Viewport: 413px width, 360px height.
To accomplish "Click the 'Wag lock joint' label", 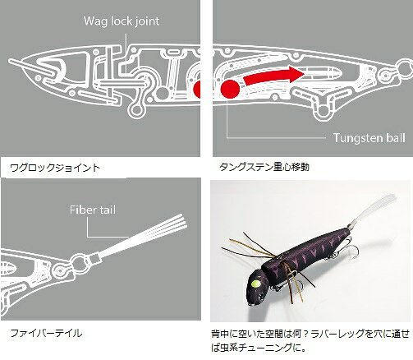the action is [x=122, y=21].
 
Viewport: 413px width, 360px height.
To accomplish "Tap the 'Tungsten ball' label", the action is [x=369, y=138].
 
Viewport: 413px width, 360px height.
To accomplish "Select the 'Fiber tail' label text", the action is [x=93, y=210].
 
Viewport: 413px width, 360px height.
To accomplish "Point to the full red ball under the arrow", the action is [x=230, y=89].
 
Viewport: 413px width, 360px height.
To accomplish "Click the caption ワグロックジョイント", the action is [x=55, y=168].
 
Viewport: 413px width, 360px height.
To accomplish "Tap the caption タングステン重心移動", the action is [x=264, y=167].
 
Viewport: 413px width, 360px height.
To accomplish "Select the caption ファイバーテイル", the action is [x=46, y=333].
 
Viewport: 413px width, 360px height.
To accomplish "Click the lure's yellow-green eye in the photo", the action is [x=256, y=284].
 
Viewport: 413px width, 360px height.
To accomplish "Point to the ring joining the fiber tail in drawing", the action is [x=79, y=264].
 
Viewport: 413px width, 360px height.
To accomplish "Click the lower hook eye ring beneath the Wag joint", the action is [x=135, y=110].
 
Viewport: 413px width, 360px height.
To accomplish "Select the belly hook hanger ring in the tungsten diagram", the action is [x=324, y=112].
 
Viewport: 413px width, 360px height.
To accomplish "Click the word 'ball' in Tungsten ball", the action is [x=395, y=138].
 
